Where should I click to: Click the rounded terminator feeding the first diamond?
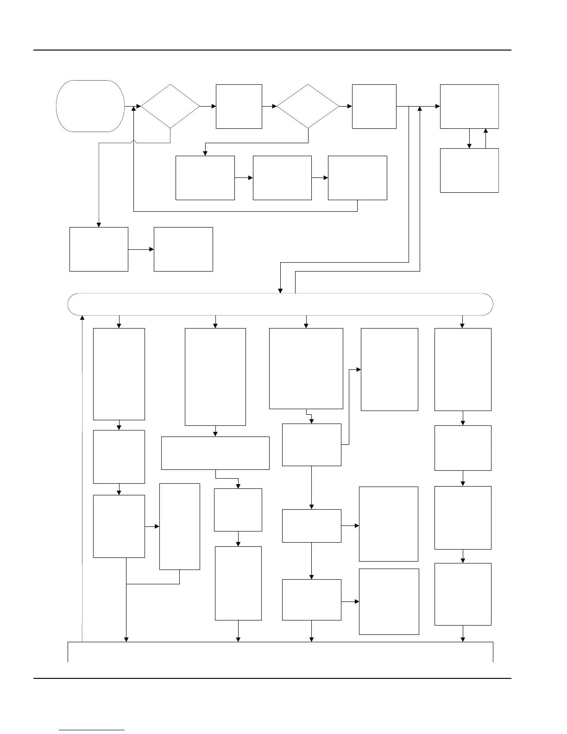pos(90,106)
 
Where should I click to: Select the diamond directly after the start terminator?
pos(170,106)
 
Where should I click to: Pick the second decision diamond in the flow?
pos(308,106)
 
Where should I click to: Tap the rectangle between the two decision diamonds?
pos(239,106)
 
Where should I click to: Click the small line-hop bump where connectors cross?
pos(133,142)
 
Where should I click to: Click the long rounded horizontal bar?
pos(280,304)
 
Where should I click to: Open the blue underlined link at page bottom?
pos(92,730)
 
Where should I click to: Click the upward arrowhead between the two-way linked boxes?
pos(485,131)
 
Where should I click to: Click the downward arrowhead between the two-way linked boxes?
pos(469,146)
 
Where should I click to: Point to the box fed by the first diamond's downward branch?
pos(99,249)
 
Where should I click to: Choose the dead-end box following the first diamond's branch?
pos(183,249)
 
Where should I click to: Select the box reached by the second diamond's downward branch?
pos(205,178)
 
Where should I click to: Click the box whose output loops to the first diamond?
pos(358,178)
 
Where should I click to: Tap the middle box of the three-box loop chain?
pos(282,178)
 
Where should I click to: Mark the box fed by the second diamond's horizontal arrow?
pos(374,106)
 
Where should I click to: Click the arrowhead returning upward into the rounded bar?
pos(82,318)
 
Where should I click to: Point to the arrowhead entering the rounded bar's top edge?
pos(280,291)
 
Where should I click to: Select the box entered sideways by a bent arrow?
pos(390,369)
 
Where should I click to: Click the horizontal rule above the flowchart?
pos(272,50)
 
